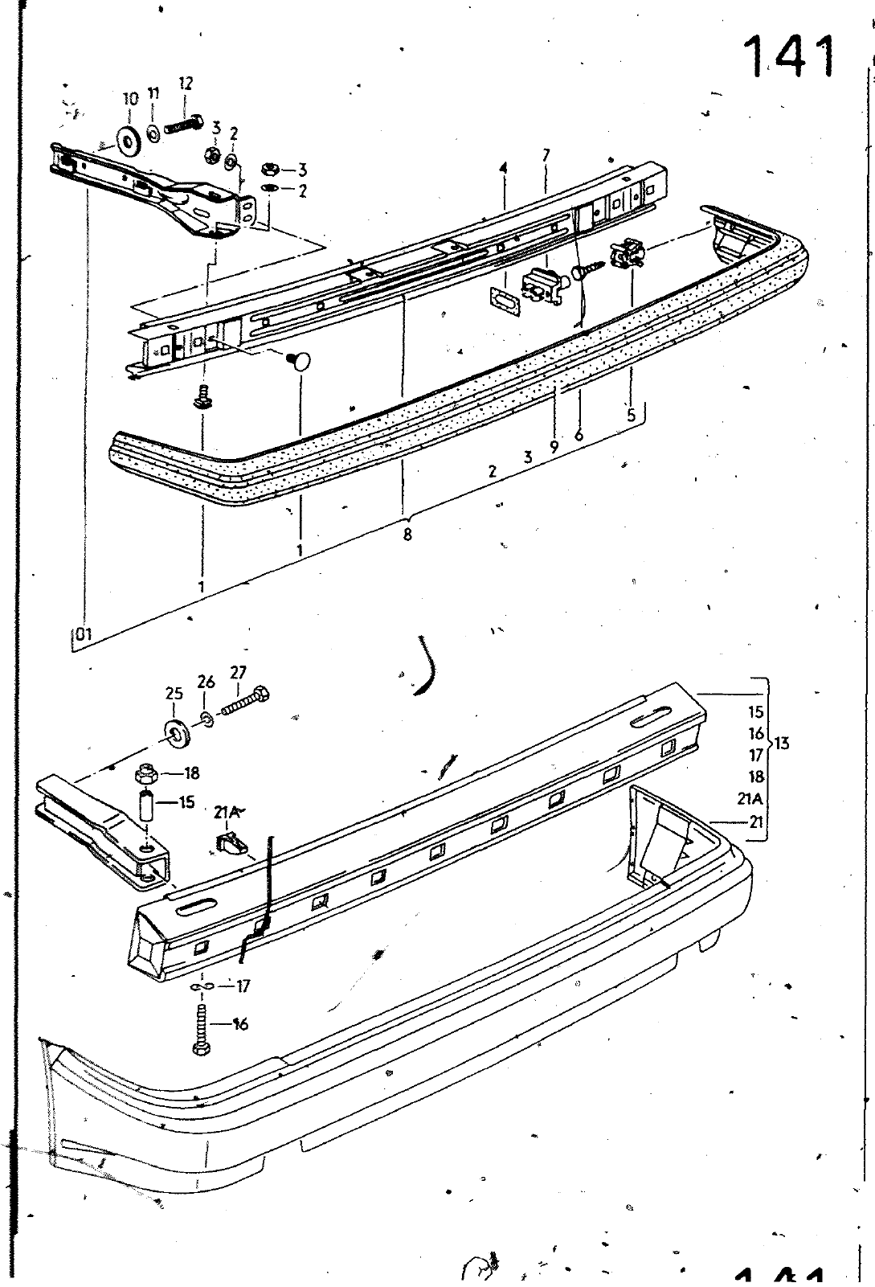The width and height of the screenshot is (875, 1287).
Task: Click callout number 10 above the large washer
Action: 131,99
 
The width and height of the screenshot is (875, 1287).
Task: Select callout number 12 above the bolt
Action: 186,84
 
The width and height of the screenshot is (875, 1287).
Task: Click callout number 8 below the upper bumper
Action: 407,535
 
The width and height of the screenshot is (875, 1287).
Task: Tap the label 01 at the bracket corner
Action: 84,634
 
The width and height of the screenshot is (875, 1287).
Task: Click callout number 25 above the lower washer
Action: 174,694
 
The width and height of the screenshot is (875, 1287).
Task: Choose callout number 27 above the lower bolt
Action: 238,672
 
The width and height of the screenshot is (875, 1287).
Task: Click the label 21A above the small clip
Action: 227,813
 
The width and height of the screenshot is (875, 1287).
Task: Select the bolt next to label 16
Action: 202,1031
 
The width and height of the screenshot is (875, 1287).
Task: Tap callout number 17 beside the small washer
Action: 243,986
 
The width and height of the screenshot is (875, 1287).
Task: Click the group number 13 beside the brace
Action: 782,744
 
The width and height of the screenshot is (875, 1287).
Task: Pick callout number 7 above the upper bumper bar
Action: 546,155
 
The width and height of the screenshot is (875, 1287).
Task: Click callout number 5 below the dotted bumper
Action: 632,415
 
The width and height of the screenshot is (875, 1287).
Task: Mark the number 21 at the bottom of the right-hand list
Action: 756,822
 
